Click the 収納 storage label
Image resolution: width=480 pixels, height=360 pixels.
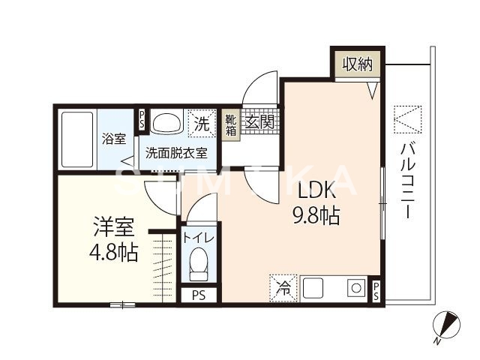point(356,64)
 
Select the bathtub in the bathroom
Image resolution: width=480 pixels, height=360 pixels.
point(76,139)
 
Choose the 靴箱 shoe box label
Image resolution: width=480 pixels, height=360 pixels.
point(232,124)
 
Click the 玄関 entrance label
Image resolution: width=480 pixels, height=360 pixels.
point(260,120)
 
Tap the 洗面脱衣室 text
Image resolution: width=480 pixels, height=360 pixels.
point(176,151)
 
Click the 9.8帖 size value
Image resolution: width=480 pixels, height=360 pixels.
point(316,217)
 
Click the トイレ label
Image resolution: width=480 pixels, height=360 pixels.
point(199,238)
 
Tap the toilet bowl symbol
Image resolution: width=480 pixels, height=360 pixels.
point(199,264)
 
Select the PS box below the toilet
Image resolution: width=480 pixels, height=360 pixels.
point(199,295)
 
